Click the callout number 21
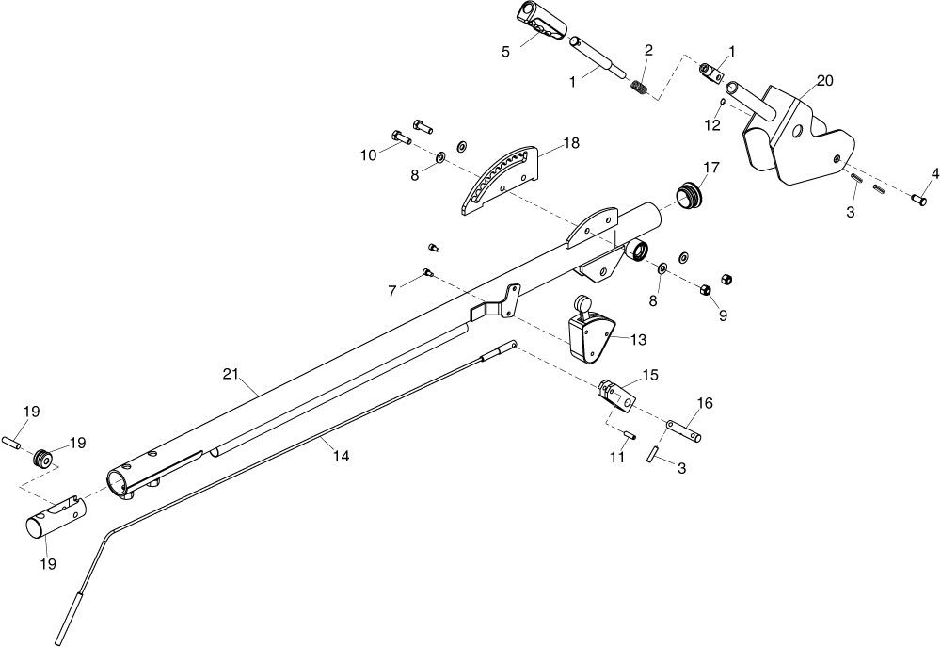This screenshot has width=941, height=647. (231, 374)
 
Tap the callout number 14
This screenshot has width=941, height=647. (341, 457)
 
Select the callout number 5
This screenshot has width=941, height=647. (506, 52)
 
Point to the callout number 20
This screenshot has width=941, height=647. (825, 80)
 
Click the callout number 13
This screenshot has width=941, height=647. (639, 340)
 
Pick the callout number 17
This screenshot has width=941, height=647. (711, 167)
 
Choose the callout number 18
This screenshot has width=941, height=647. (572, 143)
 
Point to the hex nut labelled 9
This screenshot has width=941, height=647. (706, 290)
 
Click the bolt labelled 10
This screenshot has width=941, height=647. (401, 137)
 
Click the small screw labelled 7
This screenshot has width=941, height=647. (428, 272)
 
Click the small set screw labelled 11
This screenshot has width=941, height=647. (630, 436)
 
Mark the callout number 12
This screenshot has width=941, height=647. (712, 125)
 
